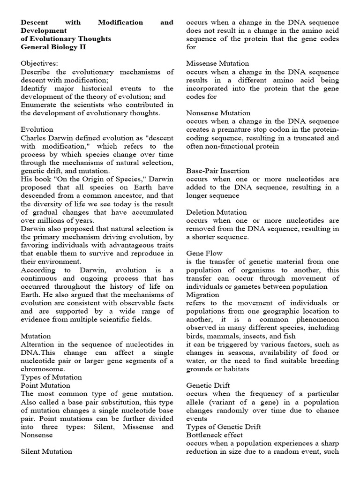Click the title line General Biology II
coord(54,47)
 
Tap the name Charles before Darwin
coord(34,137)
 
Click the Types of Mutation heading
coord(51,376)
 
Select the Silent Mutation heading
coord(46,451)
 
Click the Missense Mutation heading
coord(217,63)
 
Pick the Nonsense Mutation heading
coord(218,113)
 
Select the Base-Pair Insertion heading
coord(217,171)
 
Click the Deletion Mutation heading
coord(216,212)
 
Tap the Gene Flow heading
coord(204,253)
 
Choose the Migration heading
coord(202,294)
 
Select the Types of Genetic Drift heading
coord(224,427)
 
